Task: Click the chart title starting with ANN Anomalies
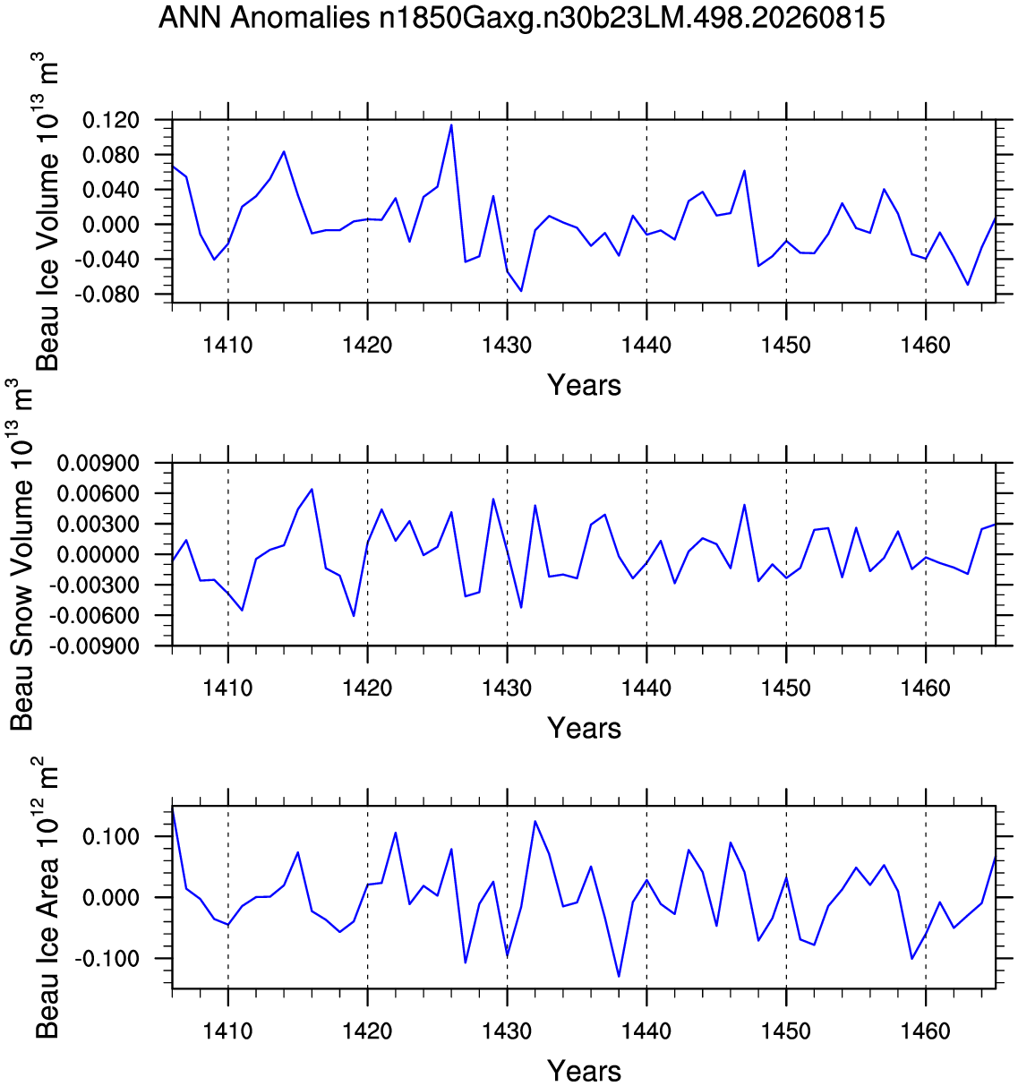(x=521, y=18)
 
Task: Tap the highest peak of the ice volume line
(x=451, y=124)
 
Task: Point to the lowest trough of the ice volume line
(x=521, y=291)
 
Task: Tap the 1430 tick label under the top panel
(x=507, y=345)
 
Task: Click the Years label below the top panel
(x=585, y=385)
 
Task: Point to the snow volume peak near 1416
(x=312, y=489)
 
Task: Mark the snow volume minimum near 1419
(x=354, y=616)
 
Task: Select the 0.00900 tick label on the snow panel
(x=98, y=463)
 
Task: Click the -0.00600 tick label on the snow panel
(x=94, y=616)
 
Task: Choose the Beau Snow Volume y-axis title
(x=21, y=554)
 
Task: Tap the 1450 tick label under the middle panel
(x=786, y=688)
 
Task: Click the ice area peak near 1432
(x=535, y=821)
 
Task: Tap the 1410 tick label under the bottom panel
(x=227, y=1030)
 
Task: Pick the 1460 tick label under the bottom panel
(x=926, y=1030)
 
